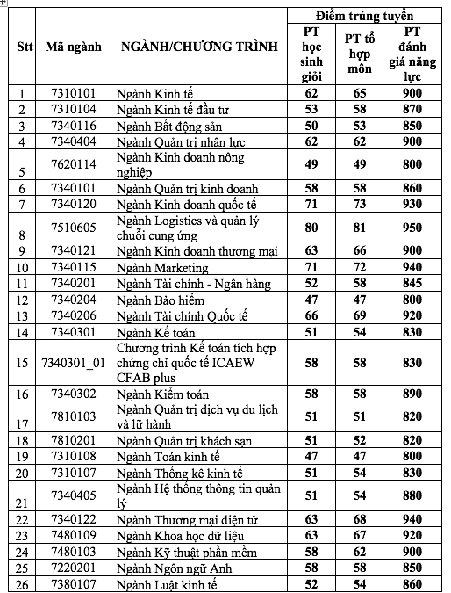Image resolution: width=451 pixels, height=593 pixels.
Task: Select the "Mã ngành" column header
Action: tap(73, 46)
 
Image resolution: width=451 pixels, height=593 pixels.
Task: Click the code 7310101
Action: tap(73, 94)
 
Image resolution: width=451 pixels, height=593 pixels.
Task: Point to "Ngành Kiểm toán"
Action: tap(161, 394)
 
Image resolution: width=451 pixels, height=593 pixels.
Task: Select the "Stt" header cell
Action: tap(24, 46)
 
